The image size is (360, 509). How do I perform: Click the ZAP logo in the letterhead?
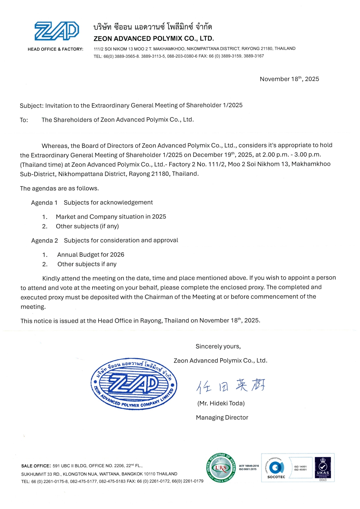point(57,31)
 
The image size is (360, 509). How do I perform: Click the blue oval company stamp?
point(134,384)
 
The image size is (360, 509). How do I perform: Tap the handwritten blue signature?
point(231,386)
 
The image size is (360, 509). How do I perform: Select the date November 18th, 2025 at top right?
point(289,79)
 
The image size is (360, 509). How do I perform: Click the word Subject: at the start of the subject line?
point(31,106)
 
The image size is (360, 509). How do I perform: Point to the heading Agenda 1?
point(44,202)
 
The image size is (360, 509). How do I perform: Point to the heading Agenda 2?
point(44,240)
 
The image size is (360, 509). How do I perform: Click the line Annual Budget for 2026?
point(91,255)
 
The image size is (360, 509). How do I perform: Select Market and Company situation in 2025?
point(111,217)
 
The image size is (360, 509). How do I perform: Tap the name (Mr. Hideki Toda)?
point(221,403)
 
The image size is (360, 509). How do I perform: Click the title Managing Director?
point(222,417)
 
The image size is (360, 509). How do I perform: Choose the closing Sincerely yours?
point(218,346)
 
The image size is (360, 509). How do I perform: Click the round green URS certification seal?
point(221,468)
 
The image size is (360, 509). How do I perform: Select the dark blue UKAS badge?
point(323,468)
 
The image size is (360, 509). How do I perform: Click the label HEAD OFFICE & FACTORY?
point(55,49)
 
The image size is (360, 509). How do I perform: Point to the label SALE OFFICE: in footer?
point(36,466)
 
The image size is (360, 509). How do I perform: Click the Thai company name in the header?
point(152,27)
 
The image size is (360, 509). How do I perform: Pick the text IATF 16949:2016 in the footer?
point(249,466)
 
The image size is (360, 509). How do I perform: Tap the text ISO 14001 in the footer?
point(300,467)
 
